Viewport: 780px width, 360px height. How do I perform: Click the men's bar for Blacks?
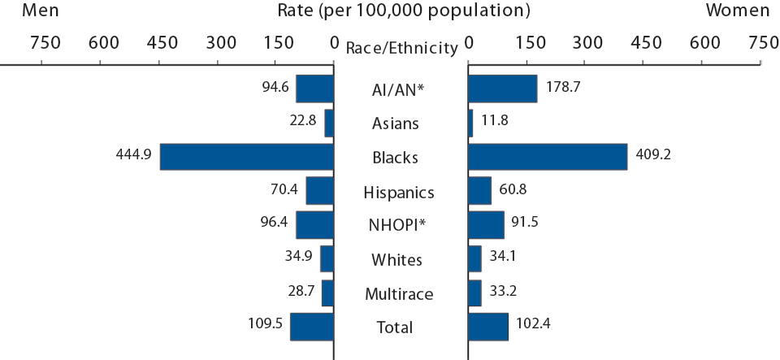pos(247,157)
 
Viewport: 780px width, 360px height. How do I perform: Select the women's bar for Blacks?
pos(548,157)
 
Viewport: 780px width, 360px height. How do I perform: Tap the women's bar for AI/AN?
pos(502,89)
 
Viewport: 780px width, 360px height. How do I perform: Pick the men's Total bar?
pos(312,326)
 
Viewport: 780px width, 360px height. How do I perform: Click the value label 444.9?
pos(133,155)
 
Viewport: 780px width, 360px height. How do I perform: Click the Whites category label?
pos(396,260)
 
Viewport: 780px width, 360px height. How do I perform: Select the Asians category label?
pos(396,124)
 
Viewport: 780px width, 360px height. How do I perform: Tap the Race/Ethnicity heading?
pos(401,48)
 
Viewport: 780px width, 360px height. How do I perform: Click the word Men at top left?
pos(40,11)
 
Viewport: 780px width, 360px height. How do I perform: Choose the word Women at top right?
pos(737,11)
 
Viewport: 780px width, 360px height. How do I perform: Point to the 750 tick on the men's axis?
pos(45,42)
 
